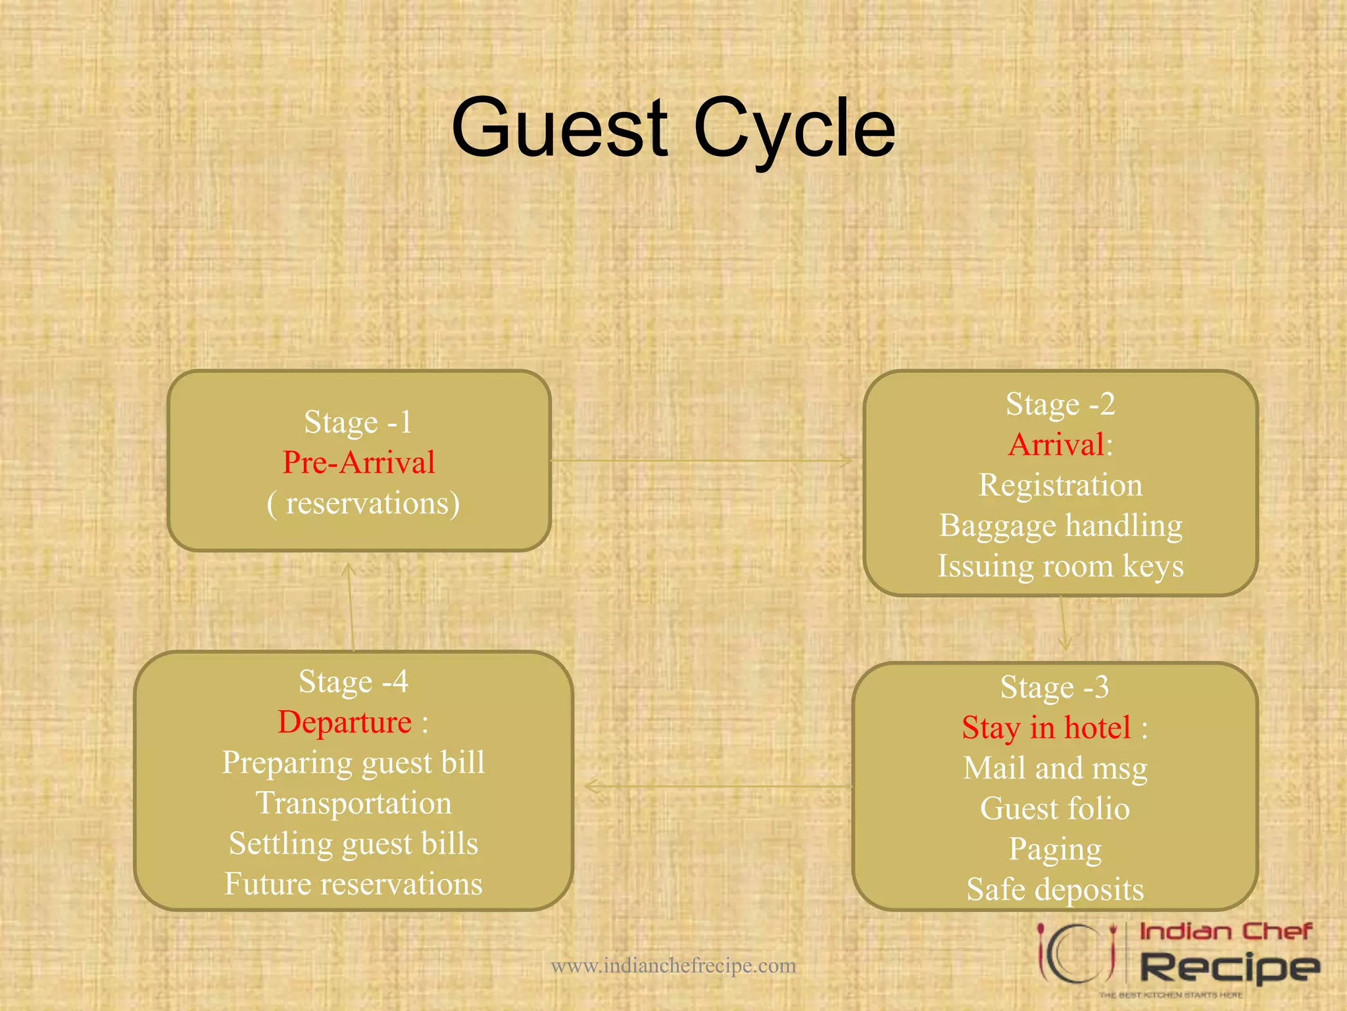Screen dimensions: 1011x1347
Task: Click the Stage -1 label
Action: click(x=358, y=422)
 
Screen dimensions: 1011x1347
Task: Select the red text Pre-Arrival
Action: click(x=358, y=462)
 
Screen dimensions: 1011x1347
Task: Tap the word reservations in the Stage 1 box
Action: click(x=372, y=504)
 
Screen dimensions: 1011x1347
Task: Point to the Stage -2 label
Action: click(x=1060, y=403)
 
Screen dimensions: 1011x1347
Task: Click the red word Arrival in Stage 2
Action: click(x=1056, y=444)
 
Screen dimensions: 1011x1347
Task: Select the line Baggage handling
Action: click(x=1060, y=525)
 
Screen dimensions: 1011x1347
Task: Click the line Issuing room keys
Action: click(x=1060, y=566)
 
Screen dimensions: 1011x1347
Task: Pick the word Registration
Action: click(x=1060, y=485)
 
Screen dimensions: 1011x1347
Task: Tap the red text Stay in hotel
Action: click(x=1046, y=727)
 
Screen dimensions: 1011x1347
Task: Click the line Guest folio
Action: click(x=1055, y=808)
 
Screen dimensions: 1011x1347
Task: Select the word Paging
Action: click(x=1055, y=849)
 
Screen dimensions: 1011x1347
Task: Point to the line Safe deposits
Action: click(x=1055, y=889)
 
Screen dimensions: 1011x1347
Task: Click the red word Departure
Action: click(x=345, y=722)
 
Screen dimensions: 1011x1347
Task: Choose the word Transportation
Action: click(x=354, y=803)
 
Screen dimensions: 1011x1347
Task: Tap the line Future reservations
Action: click(x=354, y=884)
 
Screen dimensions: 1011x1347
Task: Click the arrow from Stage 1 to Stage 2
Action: click(x=700, y=461)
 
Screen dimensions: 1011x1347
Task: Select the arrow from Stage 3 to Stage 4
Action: click(x=717, y=786)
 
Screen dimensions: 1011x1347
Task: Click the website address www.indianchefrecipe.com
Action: click(x=673, y=966)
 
